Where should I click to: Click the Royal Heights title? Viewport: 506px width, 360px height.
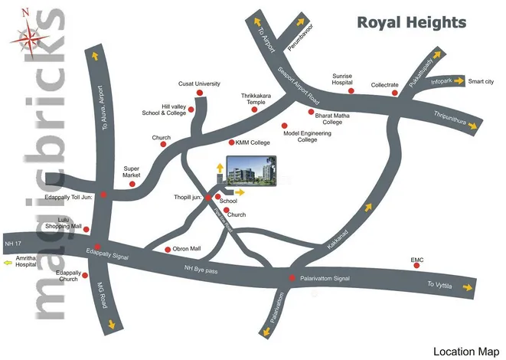click(411, 21)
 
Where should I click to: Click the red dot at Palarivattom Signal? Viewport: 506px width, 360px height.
click(291, 278)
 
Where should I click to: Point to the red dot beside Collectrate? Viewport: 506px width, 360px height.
click(396, 93)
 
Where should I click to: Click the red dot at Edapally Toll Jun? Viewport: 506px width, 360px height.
click(103, 195)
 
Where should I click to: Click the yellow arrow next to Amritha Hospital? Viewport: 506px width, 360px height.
click(8, 262)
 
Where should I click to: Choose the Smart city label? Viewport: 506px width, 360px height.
click(481, 81)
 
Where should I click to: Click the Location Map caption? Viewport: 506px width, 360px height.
click(465, 352)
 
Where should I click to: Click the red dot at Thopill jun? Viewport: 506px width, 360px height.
click(208, 198)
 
